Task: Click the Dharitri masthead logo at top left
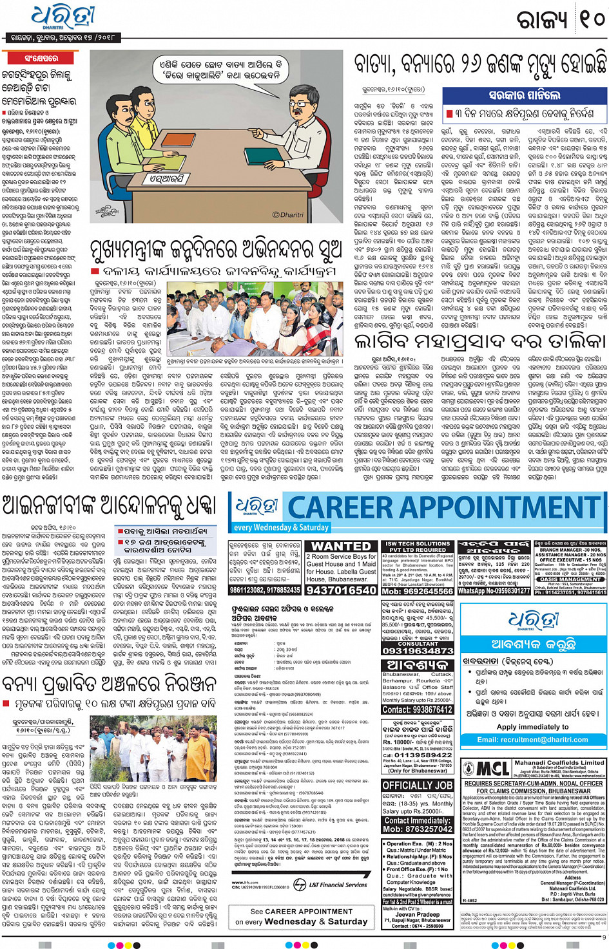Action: [x=63, y=18]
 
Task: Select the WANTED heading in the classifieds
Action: [x=341, y=547]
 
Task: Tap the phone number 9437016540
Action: [x=341, y=590]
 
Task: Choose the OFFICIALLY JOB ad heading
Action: [x=417, y=785]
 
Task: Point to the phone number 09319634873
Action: [x=418, y=651]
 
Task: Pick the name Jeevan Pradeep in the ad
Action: [x=417, y=914]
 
